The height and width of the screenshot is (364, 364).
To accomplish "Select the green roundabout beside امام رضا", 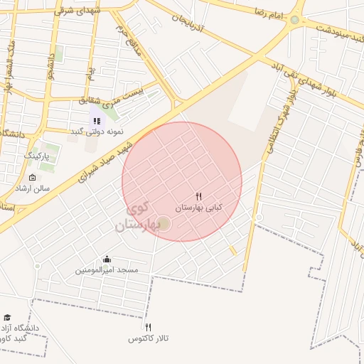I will pos(294,19).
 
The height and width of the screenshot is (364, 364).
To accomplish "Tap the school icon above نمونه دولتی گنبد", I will pos(97,121).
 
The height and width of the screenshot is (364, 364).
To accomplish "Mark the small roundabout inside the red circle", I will pos(164,225).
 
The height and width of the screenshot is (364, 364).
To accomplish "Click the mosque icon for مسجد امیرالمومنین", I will pos(107,259).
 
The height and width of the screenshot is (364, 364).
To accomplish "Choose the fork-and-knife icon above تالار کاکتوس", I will pos(148,328).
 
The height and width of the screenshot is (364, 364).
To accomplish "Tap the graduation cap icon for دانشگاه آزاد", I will pos(7,318).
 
